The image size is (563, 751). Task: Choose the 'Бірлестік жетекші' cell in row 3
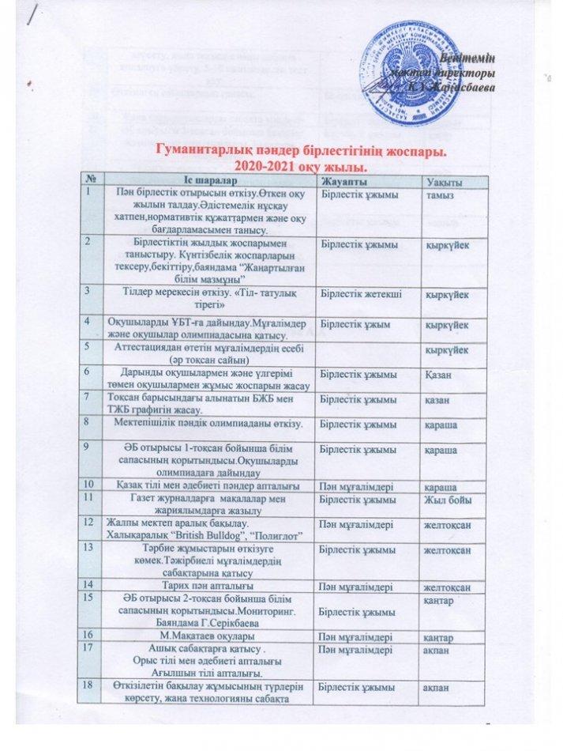point(356,295)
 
